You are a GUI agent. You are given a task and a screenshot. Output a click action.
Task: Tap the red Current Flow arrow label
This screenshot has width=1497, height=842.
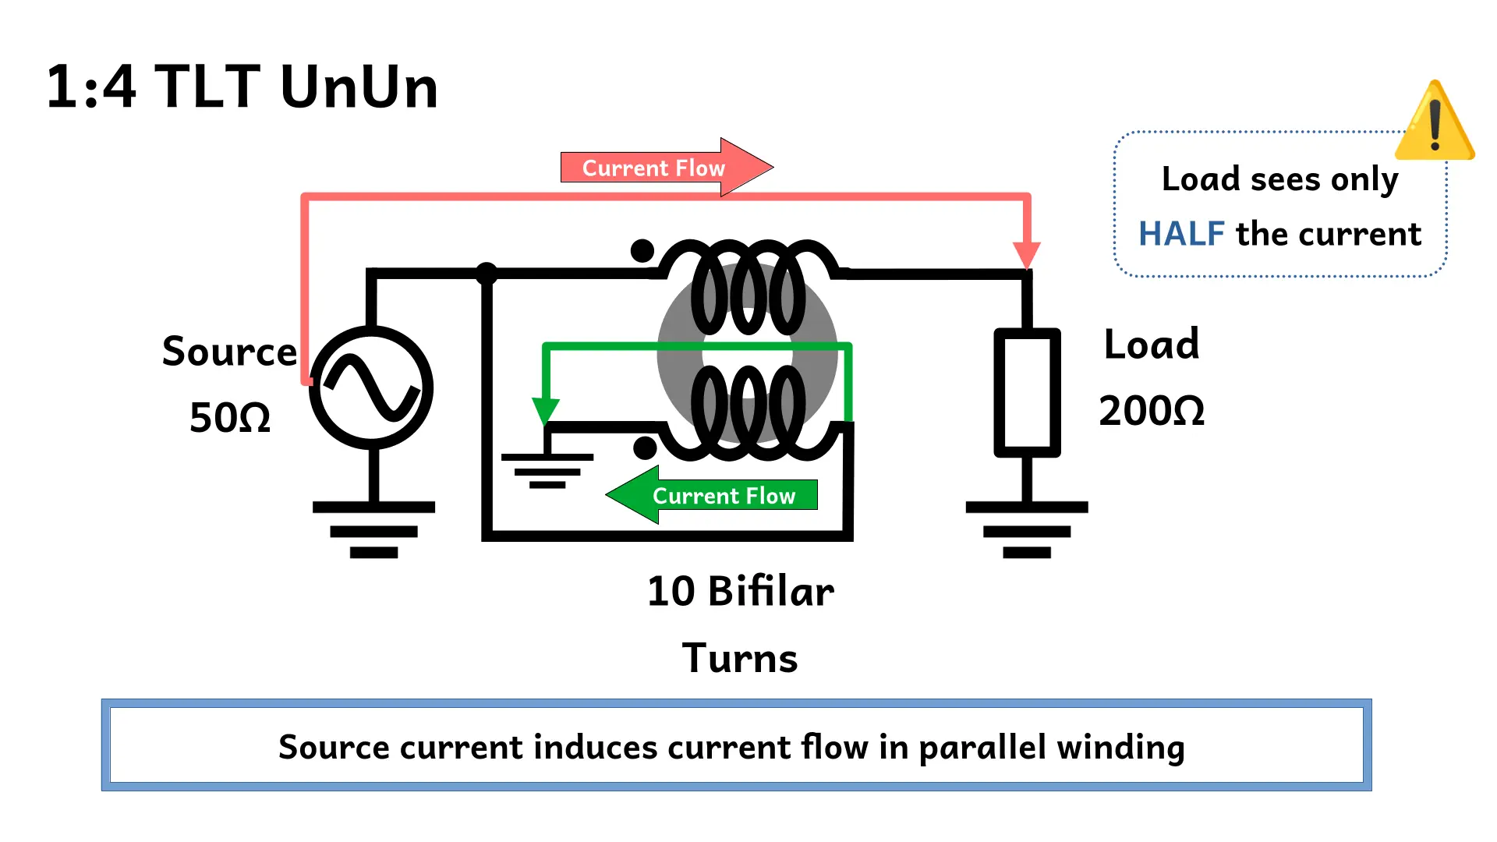click(x=653, y=168)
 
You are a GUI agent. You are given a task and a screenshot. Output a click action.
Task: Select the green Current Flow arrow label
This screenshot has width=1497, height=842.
click(x=723, y=495)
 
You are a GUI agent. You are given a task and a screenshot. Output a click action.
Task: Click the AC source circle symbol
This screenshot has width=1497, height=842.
click(x=371, y=387)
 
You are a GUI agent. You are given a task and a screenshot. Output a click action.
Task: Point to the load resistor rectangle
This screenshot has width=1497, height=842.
click(x=1027, y=392)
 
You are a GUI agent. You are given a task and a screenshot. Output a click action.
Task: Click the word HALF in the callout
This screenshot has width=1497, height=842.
click(x=1181, y=234)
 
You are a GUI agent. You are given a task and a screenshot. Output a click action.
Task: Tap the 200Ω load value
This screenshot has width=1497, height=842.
click(x=1151, y=411)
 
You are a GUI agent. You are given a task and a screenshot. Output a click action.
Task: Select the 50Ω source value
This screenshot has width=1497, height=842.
click(x=230, y=418)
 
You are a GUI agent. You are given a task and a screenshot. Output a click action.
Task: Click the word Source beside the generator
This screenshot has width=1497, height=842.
click(x=229, y=352)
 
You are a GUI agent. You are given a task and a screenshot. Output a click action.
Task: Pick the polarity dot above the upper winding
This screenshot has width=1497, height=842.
click(x=642, y=251)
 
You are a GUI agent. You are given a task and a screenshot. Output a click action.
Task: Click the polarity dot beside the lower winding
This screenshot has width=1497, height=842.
click(x=645, y=448)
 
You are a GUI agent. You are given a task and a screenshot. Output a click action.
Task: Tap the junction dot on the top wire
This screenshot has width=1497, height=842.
click(x=487, y=273)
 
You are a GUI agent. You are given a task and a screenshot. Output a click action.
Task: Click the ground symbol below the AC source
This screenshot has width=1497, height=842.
click(x=373, y=530)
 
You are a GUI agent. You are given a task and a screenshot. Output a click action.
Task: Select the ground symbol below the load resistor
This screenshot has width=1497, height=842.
click(x=1027, y=530)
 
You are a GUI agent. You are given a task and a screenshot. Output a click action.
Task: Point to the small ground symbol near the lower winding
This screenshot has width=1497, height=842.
click(x=547, y=470)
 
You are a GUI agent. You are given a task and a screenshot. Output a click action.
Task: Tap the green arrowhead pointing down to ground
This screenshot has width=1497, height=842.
click(x=546, y=410)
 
